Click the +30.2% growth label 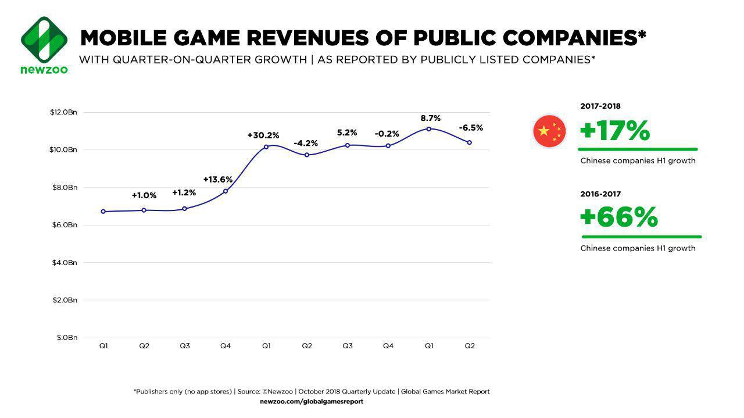click(263, 135)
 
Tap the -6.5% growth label click(471, 128)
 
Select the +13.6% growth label click(218, 180)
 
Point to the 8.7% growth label click(431, 119)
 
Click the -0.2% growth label click(387, 134)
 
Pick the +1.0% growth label click(144, 195)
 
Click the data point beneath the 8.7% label click(429, 129)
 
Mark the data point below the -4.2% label click(307, 155)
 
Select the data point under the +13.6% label click(226, 191)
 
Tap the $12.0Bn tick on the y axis click(63, 112)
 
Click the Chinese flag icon click(549, 131)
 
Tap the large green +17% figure click(615, 131)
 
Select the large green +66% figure click(619, 218)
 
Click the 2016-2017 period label click(600, 194)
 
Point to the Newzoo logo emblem click(44, 40)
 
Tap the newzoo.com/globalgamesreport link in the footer click(312, 402)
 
